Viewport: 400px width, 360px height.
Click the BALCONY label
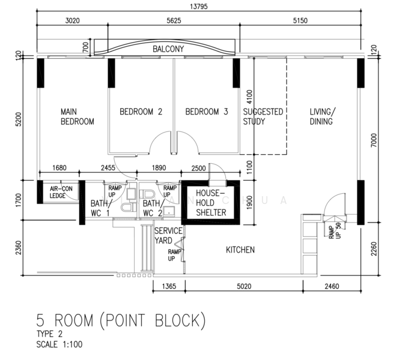[x=168, y=49]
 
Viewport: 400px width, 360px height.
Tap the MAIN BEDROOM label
[x=77, y=116]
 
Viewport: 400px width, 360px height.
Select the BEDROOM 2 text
[x=141, y=112]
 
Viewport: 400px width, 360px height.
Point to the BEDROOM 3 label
[x=207, y=112]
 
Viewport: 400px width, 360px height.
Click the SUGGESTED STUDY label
[x=263, y=116]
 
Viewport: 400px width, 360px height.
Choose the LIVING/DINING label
[x=323, y=116]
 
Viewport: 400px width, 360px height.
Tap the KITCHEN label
[x=240, y=250]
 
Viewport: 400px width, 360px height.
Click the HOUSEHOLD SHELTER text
[x=211, y=203]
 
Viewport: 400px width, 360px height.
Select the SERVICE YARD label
[x=168, y=236]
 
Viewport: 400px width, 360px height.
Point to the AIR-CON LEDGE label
[x=61, y=192]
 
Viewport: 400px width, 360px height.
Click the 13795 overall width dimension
[x=199, y=7]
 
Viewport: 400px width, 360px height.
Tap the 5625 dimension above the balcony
[x=174, y=20]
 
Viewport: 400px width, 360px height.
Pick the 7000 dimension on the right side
[x=374, y=140]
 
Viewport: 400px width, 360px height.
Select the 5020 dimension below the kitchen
[x=244, y=286]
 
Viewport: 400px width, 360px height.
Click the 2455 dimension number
[x=108, y=167]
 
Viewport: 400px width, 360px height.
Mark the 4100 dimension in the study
[x=249, y=97]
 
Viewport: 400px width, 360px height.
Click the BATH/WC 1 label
[x=101, y=208]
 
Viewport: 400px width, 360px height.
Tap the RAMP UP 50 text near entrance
[x=335, y=231]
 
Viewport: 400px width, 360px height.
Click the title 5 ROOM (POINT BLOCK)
[x=121, y=320]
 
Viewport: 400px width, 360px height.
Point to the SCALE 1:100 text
[x=59, y=344]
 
